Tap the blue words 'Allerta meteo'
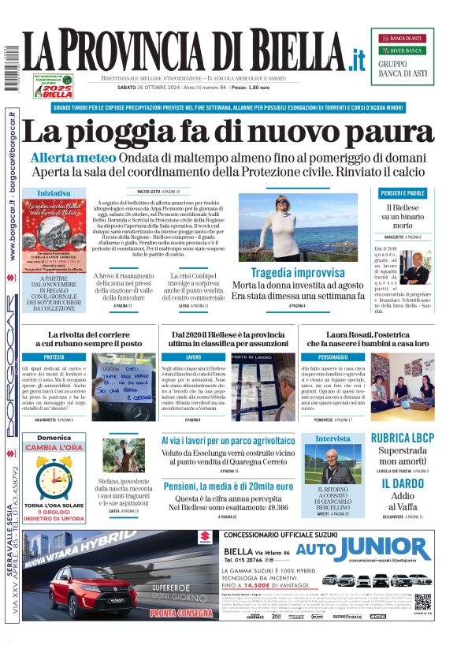coord(65,158)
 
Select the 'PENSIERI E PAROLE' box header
coord(403,193)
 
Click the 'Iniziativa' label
coord(54,193)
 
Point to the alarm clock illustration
coord(54,476)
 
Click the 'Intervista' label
coord(333,438)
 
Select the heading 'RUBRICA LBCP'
coord(402,438)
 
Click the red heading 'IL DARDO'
coord(402,483)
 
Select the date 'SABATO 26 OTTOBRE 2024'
coord(147,88)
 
